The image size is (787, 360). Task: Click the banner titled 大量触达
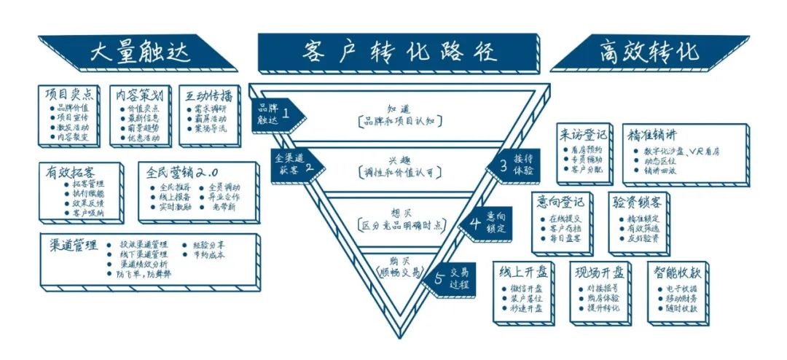(x=129, y=52)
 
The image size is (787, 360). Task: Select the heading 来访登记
(x=583, y=135)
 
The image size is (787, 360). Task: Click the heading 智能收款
(x=678, y=273)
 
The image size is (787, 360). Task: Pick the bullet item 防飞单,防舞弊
(x=144, y=275)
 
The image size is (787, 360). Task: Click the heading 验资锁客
(x=638, y=203)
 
